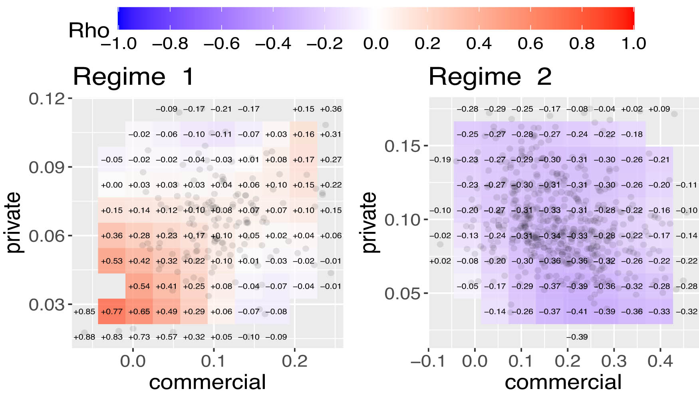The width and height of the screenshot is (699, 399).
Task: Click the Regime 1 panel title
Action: (133, 76)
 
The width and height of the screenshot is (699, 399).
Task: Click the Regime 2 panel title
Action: (490, 76)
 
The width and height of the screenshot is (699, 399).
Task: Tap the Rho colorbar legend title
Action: (89, 30)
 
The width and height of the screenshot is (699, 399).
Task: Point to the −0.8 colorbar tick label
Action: (170, 44)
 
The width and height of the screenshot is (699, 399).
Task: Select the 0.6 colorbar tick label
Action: (530, 44)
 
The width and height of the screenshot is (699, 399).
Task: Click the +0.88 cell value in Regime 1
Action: (84, 337)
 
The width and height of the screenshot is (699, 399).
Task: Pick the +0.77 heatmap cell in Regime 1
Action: (112, 311)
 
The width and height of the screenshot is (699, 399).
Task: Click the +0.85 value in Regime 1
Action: (84, 311)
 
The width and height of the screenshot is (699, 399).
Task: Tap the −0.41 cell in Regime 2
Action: (577, 311)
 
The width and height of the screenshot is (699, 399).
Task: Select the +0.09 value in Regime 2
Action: (659, 109)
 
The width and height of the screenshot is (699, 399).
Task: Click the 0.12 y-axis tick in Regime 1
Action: (46, 98)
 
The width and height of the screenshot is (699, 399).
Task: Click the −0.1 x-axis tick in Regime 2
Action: (427, 361)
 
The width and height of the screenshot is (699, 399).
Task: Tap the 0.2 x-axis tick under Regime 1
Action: (294, 361)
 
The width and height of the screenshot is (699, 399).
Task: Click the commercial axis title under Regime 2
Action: (563, 382)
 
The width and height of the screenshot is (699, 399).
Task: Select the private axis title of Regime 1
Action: (14, 222)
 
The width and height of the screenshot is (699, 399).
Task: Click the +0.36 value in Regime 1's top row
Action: (331, 109)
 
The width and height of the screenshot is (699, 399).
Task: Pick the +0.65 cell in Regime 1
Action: (139, 311)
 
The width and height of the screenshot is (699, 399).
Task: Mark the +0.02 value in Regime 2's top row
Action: (632, 109)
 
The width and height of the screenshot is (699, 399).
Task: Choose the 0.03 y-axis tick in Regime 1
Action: (46, 305)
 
